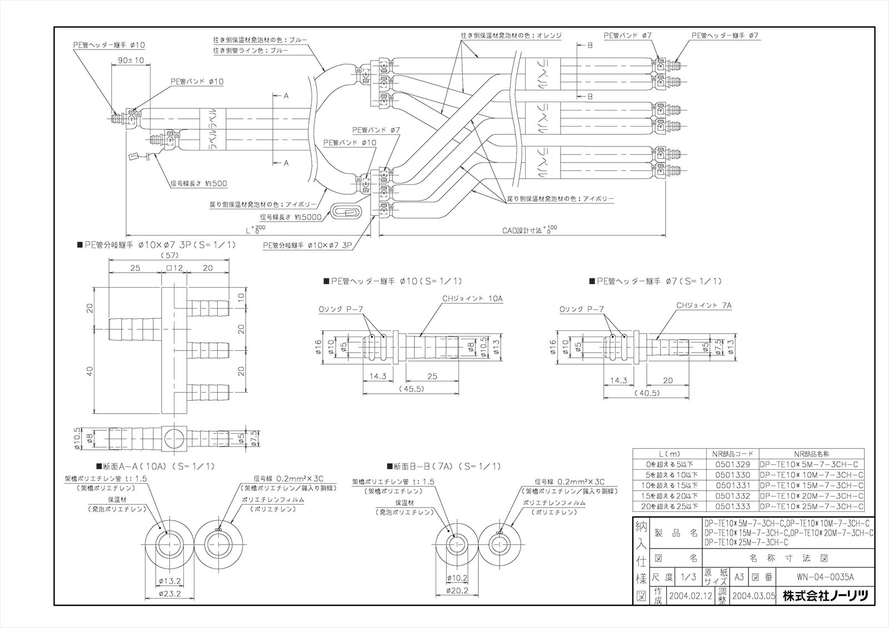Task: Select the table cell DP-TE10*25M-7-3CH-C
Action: pyautogui.click(x=811, y=506)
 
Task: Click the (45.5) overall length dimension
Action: pyautogui.click(x=411, y=389)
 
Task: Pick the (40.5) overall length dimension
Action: pyautogui.click(x=646, y=392)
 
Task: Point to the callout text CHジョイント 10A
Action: pyautogui.click(x=472, y=299)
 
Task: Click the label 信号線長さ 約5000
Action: pyautogui.click(x=291, y=217)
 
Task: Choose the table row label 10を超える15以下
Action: pyautogui.click(x=670, y=485)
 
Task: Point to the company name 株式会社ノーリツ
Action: pyautogui.click(x=825, y=596)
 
